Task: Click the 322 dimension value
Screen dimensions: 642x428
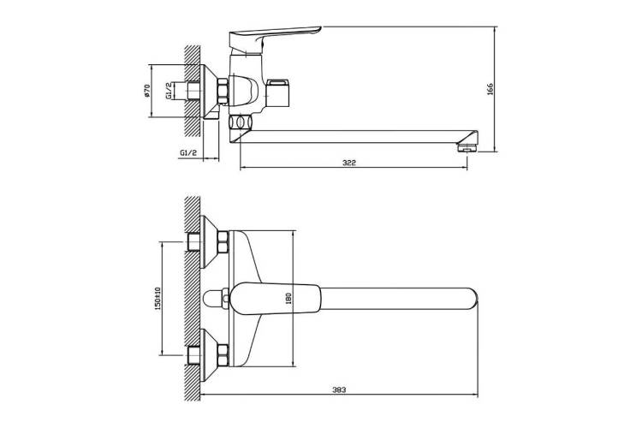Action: tap(349, 163)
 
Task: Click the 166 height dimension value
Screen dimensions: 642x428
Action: tap(490, 89)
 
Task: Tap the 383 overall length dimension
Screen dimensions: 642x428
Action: tap(339, 389)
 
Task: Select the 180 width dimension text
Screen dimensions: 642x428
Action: tap(288, 298)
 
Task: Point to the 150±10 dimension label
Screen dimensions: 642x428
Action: tap(158, 298)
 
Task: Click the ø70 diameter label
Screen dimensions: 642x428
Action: tap(147, 91)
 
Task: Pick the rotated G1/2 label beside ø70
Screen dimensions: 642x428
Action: tap(169, 91)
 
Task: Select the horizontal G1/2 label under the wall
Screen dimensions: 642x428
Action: tap(188, 152)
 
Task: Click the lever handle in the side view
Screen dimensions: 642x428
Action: tap(274, 37)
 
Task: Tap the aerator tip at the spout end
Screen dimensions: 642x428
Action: tap(467, 146)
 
